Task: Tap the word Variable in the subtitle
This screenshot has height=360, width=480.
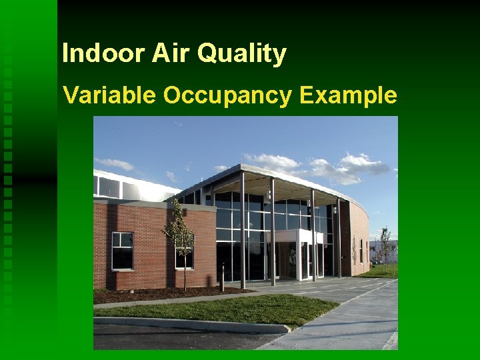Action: pyautogui.click(x=109, y=95)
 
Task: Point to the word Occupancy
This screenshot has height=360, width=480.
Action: pyautogui.click(x=227, y=97)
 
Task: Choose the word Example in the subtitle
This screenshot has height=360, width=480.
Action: pyautogui.click(x=348, y=95)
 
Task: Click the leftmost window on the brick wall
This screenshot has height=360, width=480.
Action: pyautogui.click(x=122, y=251)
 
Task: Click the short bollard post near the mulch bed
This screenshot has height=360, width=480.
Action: pyautogui.click(x=222, y=278)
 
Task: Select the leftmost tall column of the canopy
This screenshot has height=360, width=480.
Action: pyautogui.click(x=242, y=230)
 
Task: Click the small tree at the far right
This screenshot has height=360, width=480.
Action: pyautogui.click(x=385, y=244)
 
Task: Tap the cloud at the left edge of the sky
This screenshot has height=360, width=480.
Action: pyautogui.click(x=114, y=163)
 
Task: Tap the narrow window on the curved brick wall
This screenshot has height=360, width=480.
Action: pyautogui.click(x=361, y=251)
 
